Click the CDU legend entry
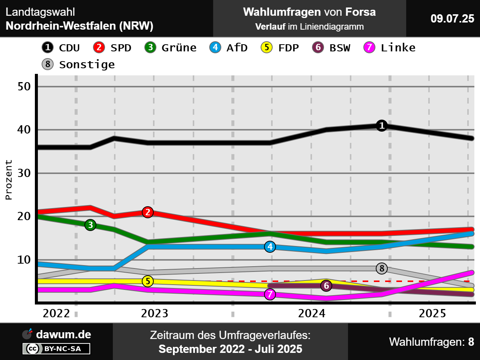[x=61, y=48]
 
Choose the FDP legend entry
[x=280, y=48]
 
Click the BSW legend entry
[x=331, y=48]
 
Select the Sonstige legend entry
[x=78, y=64]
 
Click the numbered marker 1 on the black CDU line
[x=382, y=125]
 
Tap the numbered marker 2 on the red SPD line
[x=148, y=212]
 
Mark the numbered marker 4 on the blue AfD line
[x=270, y=247]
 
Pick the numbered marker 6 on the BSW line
[x=326, y=286]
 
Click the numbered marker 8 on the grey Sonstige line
[x=382, y=268]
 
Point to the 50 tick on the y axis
[x=24, y=87]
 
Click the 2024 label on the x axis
[x=312, y=313]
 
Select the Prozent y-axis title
[x=9, y=180]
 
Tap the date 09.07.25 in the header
[x=452, y=18]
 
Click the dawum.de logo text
[x=63, y=334]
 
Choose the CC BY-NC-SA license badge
[x=57, y=349]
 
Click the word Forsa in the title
[x=360, y=12]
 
